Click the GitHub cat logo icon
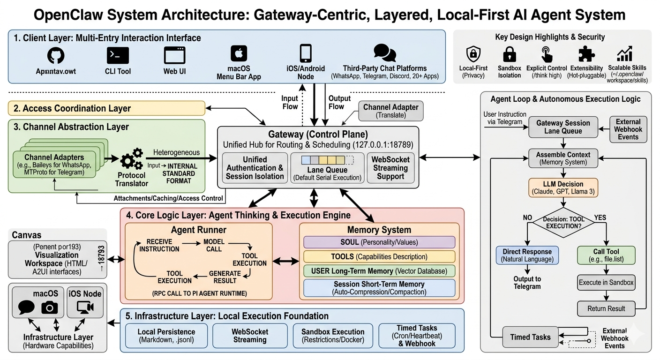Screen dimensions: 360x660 tap(56, 55)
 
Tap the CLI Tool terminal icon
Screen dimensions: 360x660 tap(118, 55)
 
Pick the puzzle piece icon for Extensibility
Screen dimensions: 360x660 tap(586, 54)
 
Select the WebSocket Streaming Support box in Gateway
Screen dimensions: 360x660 tap(390, 168)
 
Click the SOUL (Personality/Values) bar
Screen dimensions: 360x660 tap(379, 242)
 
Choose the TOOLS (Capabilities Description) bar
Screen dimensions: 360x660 tap(379, 256)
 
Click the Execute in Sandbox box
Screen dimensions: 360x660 tap(606, 282)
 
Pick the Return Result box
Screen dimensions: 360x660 tap(606, 308)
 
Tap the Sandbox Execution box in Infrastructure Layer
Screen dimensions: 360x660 tap(333, 336)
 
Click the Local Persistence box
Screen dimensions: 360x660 tap(166, 336)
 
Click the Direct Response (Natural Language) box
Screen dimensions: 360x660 tap(527, 255)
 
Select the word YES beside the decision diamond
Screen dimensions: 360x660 tap(600, 217)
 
